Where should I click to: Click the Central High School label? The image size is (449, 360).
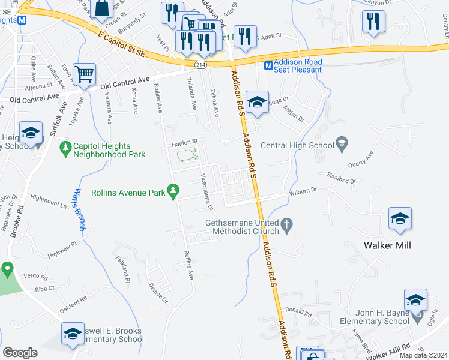(297, 145)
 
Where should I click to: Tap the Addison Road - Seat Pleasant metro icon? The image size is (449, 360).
(269, 65)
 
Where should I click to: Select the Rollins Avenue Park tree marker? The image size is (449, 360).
(173, 191)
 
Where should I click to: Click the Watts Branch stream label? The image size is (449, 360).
(79, 210)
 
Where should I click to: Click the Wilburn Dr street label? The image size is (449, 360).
(303, 191)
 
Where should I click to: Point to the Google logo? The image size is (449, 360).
(20, 352)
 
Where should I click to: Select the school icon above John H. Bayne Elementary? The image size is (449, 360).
(415, 299)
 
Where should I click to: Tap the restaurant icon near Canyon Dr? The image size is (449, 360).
(373, 22)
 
